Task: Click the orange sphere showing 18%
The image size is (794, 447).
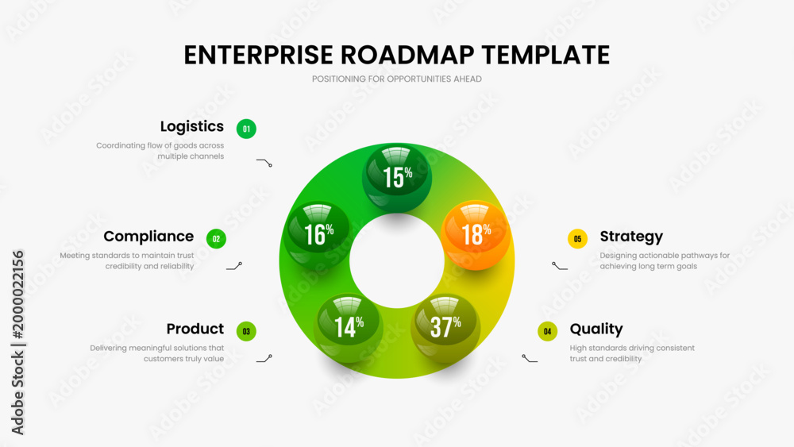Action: click(476, 235)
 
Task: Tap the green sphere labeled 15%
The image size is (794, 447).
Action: click(397, 178)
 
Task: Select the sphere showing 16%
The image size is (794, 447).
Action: click(318, 235)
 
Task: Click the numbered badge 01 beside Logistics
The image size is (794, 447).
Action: click(246, 129)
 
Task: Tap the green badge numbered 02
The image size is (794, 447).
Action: click(216, 238)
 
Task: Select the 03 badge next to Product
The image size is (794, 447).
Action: click(246, 331)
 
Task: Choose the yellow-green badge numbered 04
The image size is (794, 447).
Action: click(547, 331)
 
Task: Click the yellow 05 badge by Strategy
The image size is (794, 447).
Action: click(577, 238)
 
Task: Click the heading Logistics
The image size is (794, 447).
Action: click(192, 126)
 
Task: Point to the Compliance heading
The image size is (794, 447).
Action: click(148, 237)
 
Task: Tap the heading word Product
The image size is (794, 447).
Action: click(195, 329)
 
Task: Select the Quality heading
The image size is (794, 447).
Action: click(596, 329)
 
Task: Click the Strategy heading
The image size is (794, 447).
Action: click(631, 237)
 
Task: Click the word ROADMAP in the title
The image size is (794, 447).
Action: click(407, 55)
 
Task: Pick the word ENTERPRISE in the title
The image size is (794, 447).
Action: click(259, 55)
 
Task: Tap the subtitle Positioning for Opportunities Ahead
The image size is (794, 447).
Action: click(396, 79)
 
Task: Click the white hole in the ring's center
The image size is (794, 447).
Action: click(397, 261)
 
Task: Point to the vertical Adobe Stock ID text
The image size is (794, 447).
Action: click(17, 343)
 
